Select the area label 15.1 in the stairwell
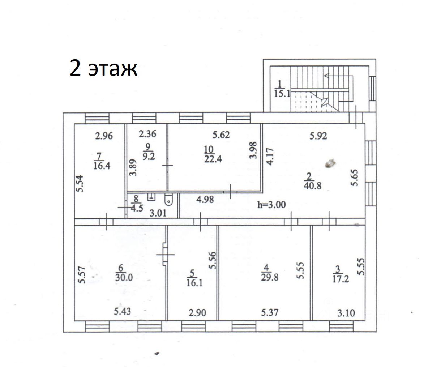pyautogui.click(x=283, y=94)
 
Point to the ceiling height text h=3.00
pyautogui.click(x=271, y=205)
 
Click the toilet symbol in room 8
pyautogui.click(x=168, y=200)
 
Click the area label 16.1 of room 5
pyautogui.click(x=194, y=282)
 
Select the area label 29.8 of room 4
pyautogui.click(x=269, y=277)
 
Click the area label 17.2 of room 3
pyautogui.click(x=340, y=279)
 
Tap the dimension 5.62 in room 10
pyautogui.click(x=221, y=135)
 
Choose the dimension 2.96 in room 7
pyautogui.click(x=104, y=136)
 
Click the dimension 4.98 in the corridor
pyautogui.click(x=205, y=199)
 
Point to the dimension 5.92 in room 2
pyautogui.click(x=318, y=136)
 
